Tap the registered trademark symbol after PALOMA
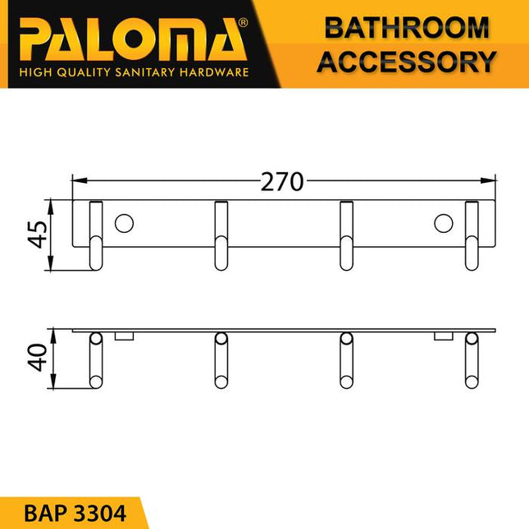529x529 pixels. (243, 23)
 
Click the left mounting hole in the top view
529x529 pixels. (125, 223)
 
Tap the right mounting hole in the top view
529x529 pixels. (443, 223)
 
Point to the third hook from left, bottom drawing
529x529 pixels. (347, 361)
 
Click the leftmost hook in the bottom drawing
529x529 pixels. (96, 361)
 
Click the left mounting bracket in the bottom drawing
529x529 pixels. (125, 336)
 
